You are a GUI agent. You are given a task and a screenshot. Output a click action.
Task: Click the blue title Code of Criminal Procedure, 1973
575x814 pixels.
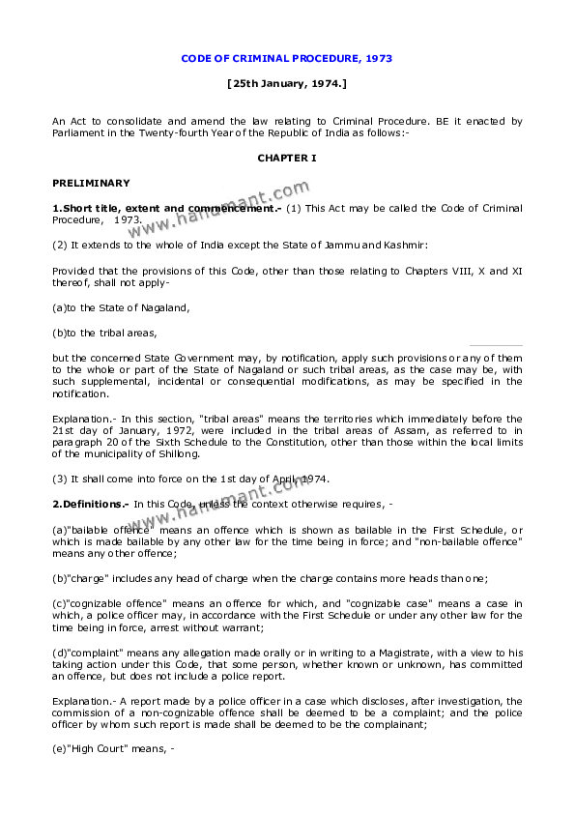287,59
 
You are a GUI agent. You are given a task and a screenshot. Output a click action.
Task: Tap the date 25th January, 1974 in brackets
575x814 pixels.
287,84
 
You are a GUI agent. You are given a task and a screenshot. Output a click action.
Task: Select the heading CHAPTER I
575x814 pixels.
287,157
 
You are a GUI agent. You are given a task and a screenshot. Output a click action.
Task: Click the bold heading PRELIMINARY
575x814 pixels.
91,183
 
